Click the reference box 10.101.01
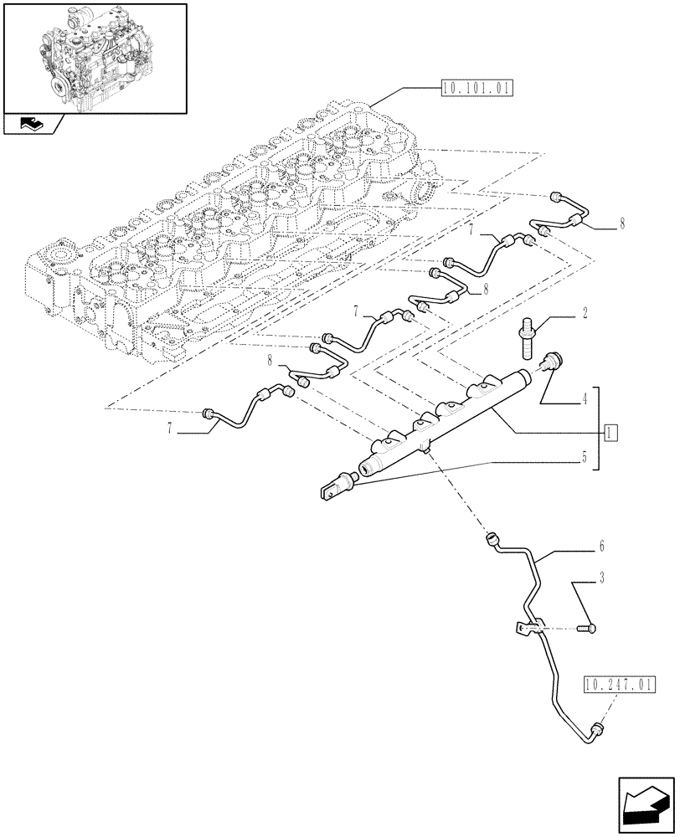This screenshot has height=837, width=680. (x=474, y=88)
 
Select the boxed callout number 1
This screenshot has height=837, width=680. (x=610, y=432)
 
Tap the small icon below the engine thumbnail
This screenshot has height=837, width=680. (x=31, y=126)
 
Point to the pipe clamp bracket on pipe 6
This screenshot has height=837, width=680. (x=526, y=628)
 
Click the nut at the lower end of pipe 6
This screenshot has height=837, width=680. (x=596, y=732)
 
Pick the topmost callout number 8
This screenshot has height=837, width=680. (x=623, y=224)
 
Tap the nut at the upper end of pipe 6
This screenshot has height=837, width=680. (x=492, y=540)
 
